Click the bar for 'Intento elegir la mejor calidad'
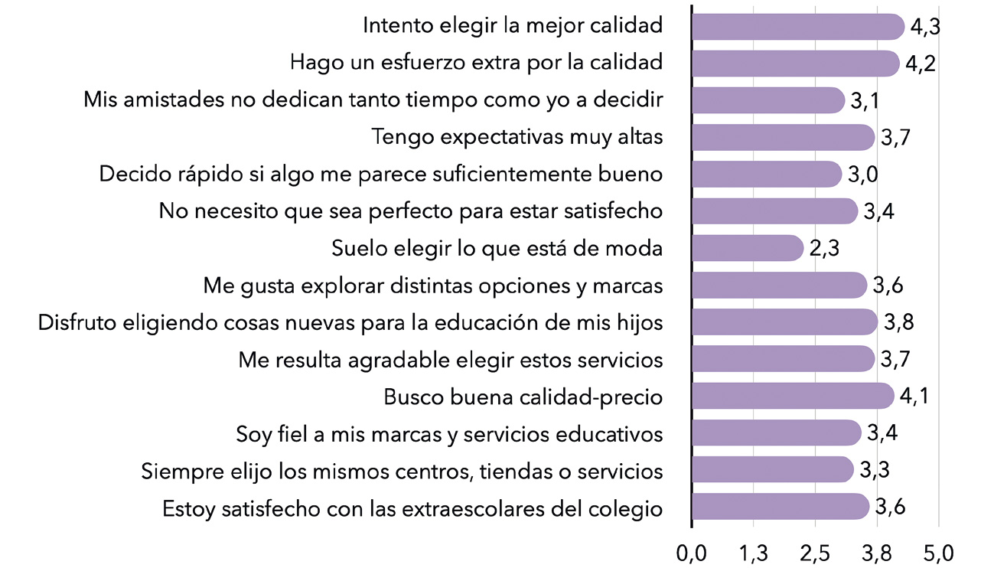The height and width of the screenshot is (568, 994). point(797,26)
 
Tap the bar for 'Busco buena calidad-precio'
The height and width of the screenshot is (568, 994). point(792,397)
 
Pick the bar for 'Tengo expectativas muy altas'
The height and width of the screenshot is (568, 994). point(782,137)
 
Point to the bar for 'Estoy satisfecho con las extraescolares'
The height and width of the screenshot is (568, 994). point(780,508)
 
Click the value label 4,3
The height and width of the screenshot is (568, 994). point(925,27)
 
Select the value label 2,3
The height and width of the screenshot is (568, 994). point(824,249)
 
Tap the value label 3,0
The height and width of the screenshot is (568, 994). point(862,175)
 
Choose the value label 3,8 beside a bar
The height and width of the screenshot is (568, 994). point(898,323)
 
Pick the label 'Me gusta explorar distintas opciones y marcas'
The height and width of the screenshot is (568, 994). point(432,286)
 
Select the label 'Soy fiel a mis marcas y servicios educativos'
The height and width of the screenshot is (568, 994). point(449,435)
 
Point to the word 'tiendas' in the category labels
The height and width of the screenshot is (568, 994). point(517,472)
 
